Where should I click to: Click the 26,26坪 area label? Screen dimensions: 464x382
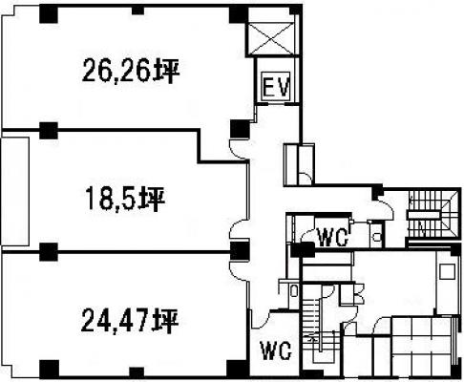coord(131,71)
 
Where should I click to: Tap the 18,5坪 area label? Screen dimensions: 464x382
coord(125,200)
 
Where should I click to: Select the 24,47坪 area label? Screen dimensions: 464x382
coord(129,321)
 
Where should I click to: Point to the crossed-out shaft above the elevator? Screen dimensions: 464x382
coord(271,38)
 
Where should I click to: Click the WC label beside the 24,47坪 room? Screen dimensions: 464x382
coord(276,350)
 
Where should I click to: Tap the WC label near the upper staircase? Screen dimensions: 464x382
coord(332,237)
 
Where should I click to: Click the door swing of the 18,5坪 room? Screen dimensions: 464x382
coord(239,229)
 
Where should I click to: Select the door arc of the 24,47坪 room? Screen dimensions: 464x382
coord(239,271)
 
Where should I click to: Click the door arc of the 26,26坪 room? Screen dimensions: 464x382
coord(239,150)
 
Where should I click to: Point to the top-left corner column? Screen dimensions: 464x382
coord(49,14)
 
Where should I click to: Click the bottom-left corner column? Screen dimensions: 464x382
coord(49,369)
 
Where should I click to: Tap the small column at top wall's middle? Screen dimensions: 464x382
coord(137,11)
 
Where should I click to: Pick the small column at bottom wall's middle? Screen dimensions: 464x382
coord(137,372)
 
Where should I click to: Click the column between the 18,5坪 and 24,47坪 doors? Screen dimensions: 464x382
coord(240,250)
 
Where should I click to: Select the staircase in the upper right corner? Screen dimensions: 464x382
coord(433,214)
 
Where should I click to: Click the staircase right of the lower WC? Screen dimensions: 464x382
coord(321,323)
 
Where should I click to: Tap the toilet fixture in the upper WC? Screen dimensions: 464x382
coord(377,237)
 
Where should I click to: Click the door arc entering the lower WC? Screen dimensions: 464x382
coord(261,320)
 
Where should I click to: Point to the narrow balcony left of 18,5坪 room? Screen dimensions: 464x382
coord(15,191)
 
